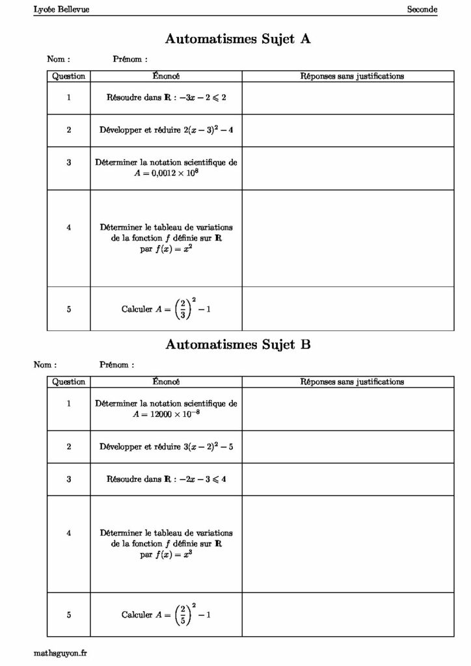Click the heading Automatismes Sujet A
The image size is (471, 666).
(x=237, y=39)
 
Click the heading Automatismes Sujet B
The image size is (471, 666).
(x=237, y=345)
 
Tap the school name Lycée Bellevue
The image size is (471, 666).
(x=62, y=9)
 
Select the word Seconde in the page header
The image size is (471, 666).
(x=422, y=9)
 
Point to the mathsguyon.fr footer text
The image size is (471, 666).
(x=59, y=652)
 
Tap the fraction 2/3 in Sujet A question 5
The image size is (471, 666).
(x=181, y=310)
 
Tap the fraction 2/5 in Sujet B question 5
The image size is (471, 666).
(x=181, y=615)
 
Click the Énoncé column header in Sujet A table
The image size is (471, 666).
(x=166, y=76)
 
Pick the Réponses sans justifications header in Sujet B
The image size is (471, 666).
(x=352, y=382)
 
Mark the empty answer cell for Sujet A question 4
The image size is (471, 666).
(x=347, y=238)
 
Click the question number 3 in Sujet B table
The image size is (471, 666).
(x=68, y=479)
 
